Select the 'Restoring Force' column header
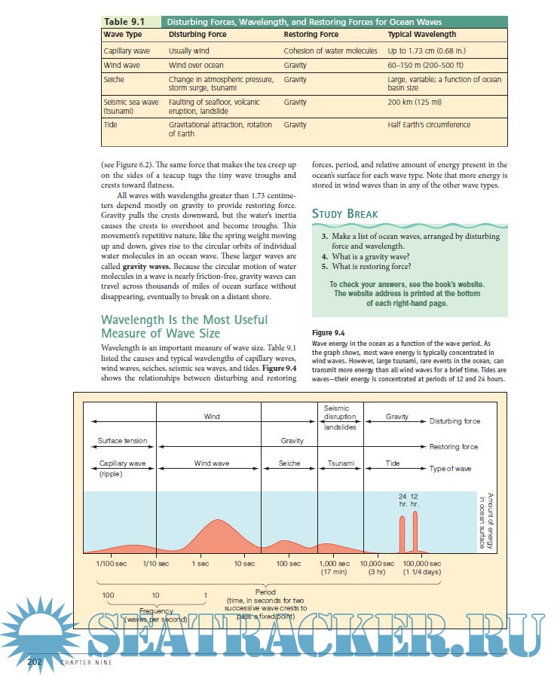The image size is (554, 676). click(311, 35)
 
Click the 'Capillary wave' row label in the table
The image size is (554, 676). click(125, 51)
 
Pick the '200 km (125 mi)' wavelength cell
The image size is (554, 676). click(415, 102)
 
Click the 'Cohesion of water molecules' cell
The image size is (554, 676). click(330, 51)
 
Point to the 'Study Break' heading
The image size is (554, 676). click(345, 214)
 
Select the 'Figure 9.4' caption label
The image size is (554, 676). click(328, 332)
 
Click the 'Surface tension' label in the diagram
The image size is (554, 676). click(122, 440)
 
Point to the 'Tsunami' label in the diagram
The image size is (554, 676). click(341, 463)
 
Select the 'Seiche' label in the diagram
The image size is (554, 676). click(289, 463)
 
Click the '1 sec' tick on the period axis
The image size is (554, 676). click(200, 563)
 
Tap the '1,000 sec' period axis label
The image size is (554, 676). click(334, 563)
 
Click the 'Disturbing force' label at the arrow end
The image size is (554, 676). click(455, 421)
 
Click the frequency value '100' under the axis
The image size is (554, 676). click(108, 595)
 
